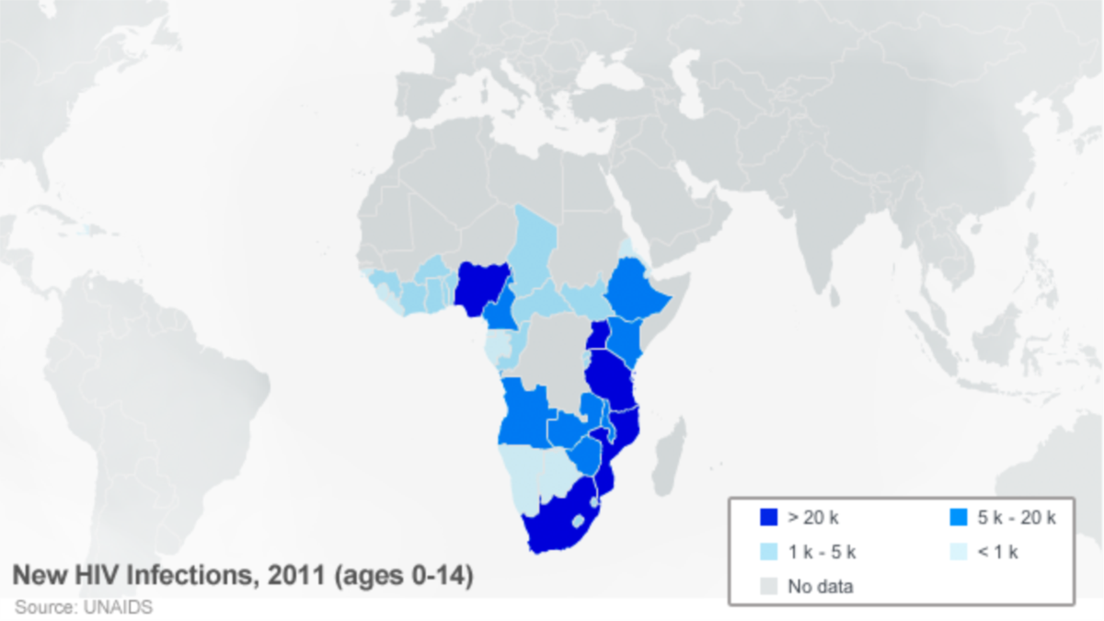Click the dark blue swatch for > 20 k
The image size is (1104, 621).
pos(769,517)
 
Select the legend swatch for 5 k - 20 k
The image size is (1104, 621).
pos(958,517)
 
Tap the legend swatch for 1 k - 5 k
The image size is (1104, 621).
pos(769,552)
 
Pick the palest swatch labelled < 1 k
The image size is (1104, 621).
pos(958,552)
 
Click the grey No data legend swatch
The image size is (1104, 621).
pos(769,586)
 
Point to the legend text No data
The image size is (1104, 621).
pos(821,586)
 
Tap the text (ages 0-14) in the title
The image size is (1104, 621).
pos(404,577)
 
